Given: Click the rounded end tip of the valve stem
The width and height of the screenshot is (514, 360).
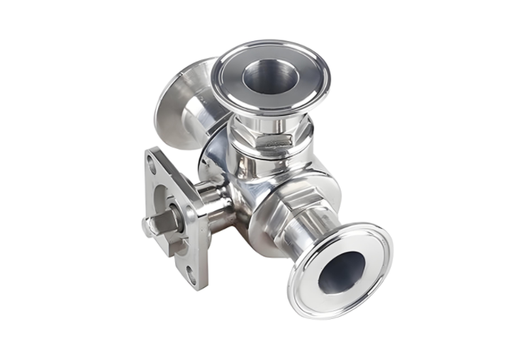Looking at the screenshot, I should (x=145, y=227).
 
